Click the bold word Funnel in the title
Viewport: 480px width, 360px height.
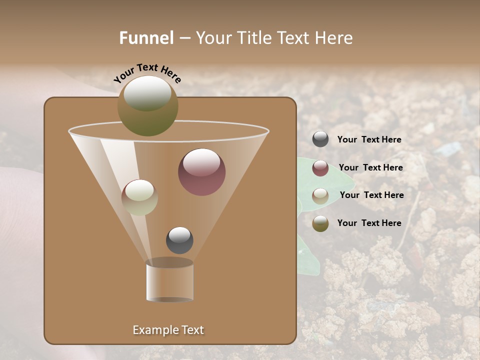[x=146, y=38]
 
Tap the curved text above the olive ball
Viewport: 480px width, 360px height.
[x=147, y=73]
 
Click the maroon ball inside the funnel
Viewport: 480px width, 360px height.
[x=201, y=172]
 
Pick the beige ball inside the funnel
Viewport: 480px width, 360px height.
[x=139, y=197]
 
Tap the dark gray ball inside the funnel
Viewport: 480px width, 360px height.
[x=179, y=240]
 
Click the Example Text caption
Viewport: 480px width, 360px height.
[x=168, y=330]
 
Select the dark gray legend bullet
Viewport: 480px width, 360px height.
[x=320, y=139]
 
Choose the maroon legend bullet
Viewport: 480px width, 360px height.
[x=320, y=168]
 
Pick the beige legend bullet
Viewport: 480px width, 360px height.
[x=320, y=195]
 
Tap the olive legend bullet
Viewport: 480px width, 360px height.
[x=320, y=223]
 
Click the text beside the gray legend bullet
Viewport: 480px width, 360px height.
[x=369, y=139]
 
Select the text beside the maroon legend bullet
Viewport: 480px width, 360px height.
[x=370, y=167]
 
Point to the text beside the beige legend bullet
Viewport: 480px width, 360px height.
[x=371, y=195]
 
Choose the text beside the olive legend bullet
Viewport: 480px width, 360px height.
[x=369, y=223]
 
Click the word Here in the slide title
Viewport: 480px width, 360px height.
[x=334, y=38]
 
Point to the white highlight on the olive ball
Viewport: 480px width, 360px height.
[x=147, y=92]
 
